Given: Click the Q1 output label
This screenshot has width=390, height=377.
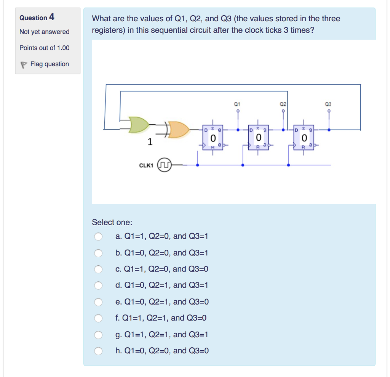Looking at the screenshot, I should [237, 104].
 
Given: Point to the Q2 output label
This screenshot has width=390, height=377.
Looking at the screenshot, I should [283, 104].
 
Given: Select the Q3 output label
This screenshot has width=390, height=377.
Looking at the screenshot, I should [328, 104].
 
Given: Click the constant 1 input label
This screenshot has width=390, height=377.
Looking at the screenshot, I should [150, 142].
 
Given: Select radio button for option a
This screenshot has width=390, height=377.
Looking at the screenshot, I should [98, 237].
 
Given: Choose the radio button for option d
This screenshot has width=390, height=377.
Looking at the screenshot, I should [98, 286].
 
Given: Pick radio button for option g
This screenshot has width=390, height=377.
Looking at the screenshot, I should [98, 335].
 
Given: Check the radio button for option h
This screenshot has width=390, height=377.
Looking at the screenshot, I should [98, 351].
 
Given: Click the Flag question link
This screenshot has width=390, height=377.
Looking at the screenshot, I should [49, 64].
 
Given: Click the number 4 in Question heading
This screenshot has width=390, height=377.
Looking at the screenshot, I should [52, 17].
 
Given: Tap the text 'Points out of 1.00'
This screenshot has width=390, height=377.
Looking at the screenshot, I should [45, 48].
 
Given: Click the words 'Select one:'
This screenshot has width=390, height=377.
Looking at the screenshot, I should [112, 222].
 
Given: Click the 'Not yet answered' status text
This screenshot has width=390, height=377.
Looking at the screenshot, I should [45, 32].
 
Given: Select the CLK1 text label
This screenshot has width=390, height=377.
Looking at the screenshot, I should [146, 165].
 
